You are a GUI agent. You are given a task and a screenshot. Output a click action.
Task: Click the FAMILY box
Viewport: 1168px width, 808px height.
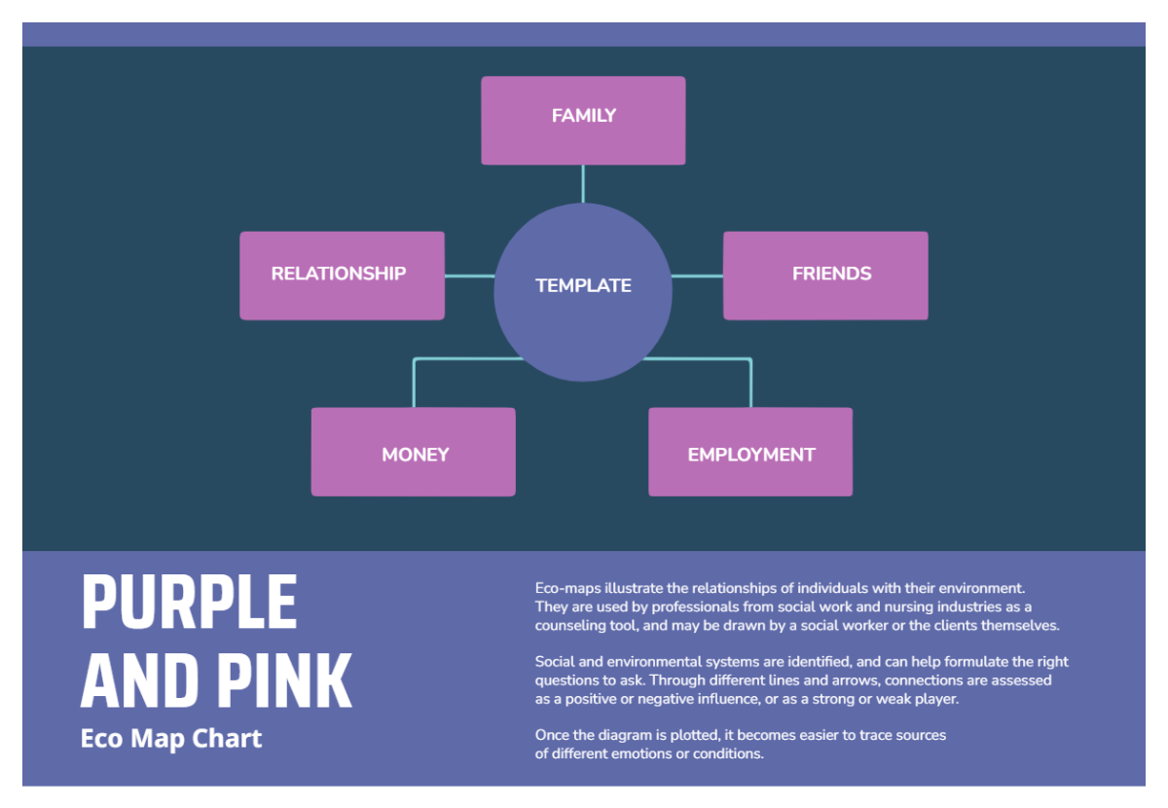click(x=583, y=120)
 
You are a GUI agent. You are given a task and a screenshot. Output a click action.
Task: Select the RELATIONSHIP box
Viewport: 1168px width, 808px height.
click(x=342, y=275)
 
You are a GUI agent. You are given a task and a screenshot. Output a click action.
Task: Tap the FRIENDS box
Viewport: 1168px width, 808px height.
click(x=825, y=275)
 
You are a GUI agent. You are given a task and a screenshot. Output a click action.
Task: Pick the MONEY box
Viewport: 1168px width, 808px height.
click(x=414, y=452)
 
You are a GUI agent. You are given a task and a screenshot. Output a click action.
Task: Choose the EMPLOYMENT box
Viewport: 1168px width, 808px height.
click(x=750, y=452)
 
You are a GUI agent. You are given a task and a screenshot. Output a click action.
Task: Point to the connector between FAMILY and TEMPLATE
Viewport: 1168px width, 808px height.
click(x=583, y=183)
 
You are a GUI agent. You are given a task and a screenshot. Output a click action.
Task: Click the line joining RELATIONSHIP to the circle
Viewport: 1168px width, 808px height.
click(x=469, y=276)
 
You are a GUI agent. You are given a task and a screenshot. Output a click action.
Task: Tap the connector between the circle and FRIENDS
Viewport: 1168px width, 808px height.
click(x=697, y=276)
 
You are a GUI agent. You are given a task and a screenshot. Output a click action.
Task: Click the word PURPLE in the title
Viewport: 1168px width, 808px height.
click(x=189, y=603)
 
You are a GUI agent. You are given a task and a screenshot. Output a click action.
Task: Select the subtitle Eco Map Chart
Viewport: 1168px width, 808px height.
click(x=171, y=739)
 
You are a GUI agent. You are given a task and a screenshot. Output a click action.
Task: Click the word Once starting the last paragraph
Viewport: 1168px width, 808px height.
click(x=552, y=735)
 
